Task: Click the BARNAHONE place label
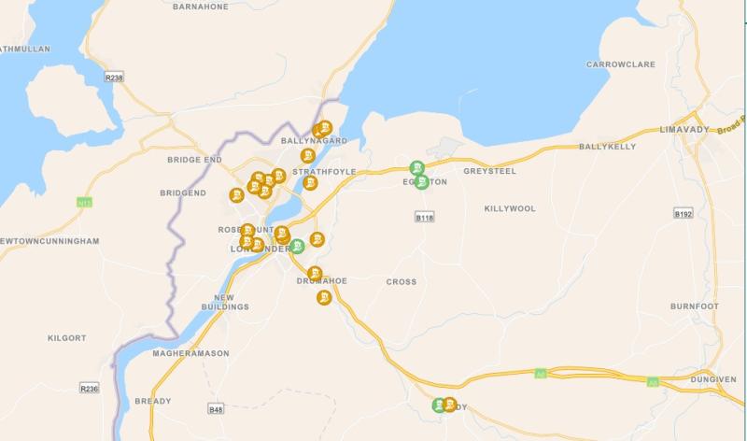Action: pos(201,6)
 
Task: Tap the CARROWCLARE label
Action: pos(621,64)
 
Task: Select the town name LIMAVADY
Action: pos(684,128)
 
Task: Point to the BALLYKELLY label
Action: pos(607,147)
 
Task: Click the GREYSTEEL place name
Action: pos(489,171)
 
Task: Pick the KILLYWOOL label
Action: pos(510,208)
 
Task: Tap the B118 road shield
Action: pos(425,217)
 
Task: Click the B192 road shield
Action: pos(684,214)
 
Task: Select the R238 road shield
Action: pos(114,78)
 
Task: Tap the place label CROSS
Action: pos(402,281)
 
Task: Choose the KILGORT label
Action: pos(67,337)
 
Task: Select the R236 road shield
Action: pos(89,388)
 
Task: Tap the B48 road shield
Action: pos(217,408)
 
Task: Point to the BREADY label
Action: pos(152,401)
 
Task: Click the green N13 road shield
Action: pos(85,202)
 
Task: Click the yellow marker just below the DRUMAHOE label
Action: pos(324,298)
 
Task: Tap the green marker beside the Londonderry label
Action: pos(297,247)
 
